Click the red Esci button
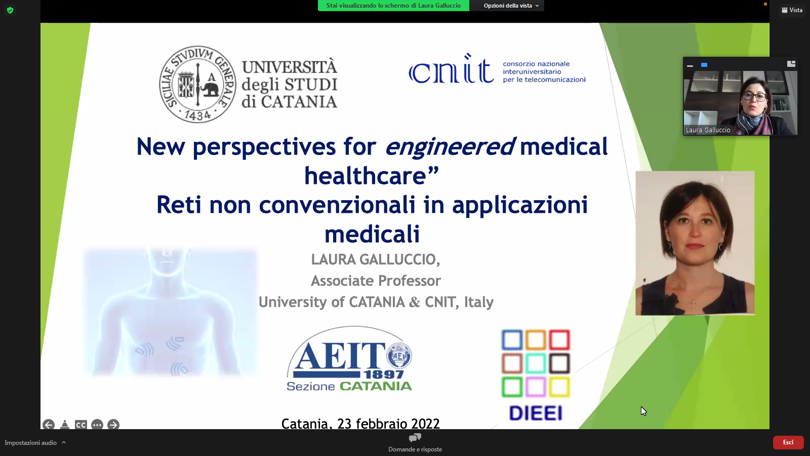pyautogui.click(x=788, y=442)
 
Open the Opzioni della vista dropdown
pyautogui.click(x=511, y=6)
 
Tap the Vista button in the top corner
pyautogui.click(x=792, y=10)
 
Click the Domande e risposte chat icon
pyautogui.click(x=415, y=438)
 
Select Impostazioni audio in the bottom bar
pyautogui.click(x=31, y=443)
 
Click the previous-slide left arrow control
pyautogui.click(x=49, y=425)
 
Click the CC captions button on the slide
pyautogui.click(x=80, y=425)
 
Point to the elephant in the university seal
pyautogui.click(x=212, y=87)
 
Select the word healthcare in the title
pyautogui.click(x=365, y=176)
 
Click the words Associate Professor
pyautogui.click(x=376, y=281)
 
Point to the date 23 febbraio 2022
pyautogui.click(x=388, y=424)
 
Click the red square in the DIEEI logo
pyautogui.click(x=559, y=340)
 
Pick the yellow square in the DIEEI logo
pyautogui.click(x=559, y=387)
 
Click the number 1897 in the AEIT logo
pyautogui.click(x=384, y=374)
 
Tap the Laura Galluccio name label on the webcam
pyautogui.click(x=708, y=130)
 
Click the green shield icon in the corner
pyautogui.click(x=10, y=10)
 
